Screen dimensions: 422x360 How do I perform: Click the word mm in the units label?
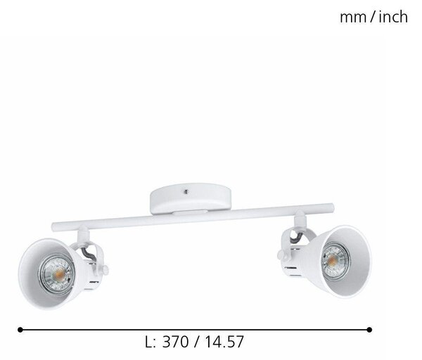[353, 18]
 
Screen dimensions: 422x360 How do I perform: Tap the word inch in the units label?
[393, 17]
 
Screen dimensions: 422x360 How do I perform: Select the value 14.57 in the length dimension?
[224, 342]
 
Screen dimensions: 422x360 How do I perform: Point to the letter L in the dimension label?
[148, 342]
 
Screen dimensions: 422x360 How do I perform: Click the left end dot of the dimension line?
[20, 330]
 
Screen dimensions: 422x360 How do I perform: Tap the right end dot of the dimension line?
[369, 330]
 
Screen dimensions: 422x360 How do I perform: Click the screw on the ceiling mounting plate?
[186, 191]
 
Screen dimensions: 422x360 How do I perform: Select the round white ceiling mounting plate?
[191, 198]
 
